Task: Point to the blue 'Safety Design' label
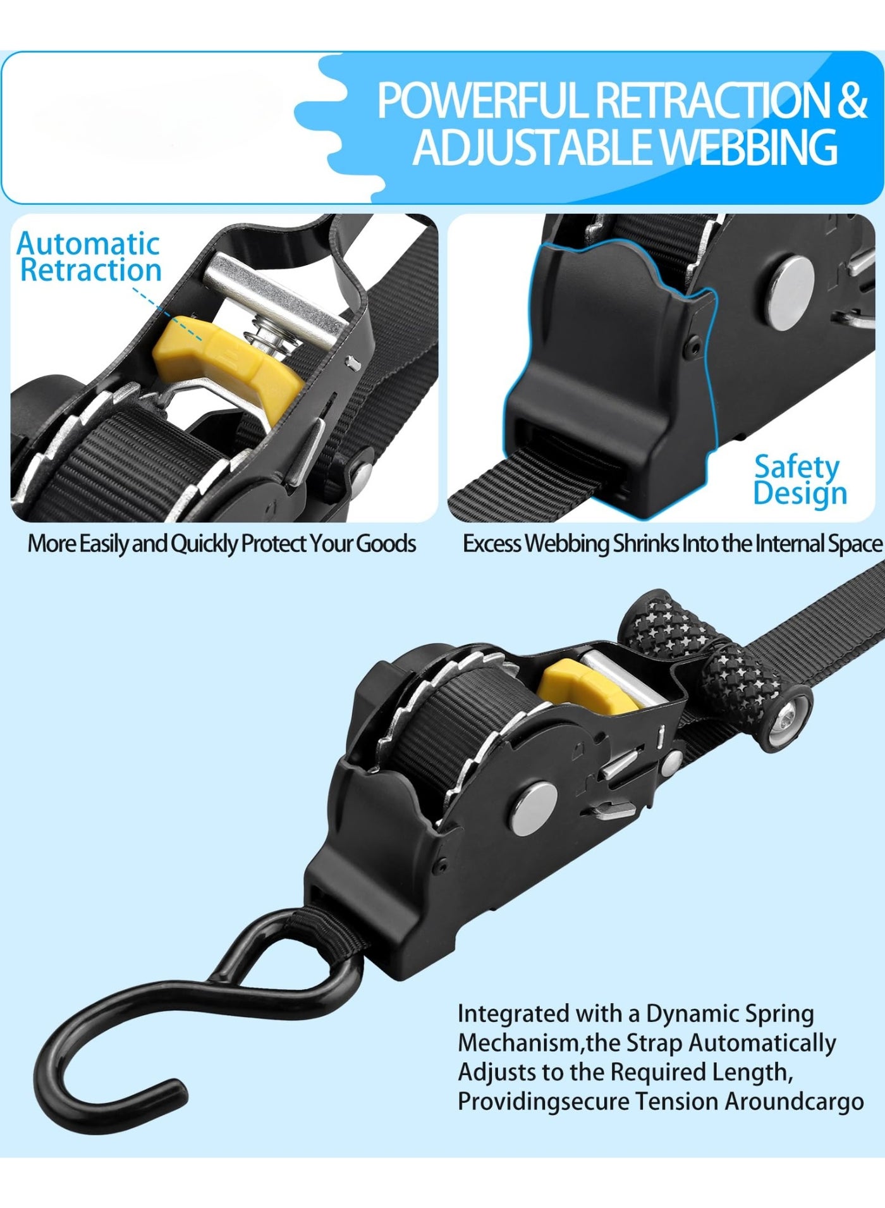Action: (800, 481)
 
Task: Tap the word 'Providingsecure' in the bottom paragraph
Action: (544, 1101)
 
